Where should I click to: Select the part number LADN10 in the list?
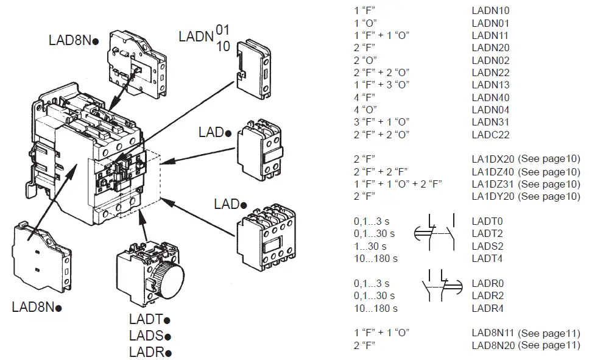coord(490,10)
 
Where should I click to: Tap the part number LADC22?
coord(490,135)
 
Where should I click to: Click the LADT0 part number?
coord(487,221)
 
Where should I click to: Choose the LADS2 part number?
coord(487,246)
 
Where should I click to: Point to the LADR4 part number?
coord(487,308)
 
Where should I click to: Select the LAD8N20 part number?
coord(494,345)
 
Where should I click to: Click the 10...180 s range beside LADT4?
coord(375,258)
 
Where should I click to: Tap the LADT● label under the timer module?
coord(149,319)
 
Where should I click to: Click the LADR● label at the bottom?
coord(150,352)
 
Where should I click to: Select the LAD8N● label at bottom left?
coord(37,307)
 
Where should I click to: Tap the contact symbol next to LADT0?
coord(433,232)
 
